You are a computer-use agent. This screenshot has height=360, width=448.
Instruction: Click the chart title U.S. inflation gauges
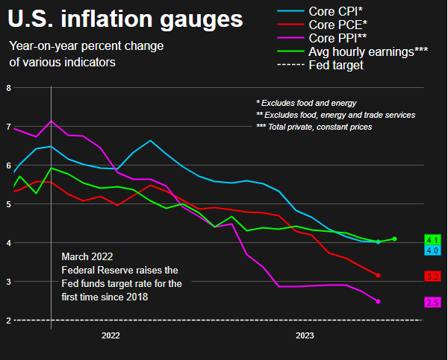pyautogui.click(x=126, y=18)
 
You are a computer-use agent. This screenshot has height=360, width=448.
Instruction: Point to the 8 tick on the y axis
pyautogui.click(x=9, y=88)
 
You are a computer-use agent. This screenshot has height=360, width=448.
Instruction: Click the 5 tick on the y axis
pyautogui.click(x=9, y=203)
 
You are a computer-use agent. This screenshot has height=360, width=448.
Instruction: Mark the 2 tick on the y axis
pyautogui.click(x=9, y=320)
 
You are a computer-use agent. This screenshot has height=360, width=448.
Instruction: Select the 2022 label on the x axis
pyautogui.click(x=111, y=336)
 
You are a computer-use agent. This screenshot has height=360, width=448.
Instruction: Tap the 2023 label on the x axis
pyautogui.click(x=305, y=336)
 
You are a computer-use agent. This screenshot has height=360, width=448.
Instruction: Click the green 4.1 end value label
pyautogui.click(x=432, y=239)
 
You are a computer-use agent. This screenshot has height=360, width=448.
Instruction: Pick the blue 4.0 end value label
pyautogui.click(x=432, y=250)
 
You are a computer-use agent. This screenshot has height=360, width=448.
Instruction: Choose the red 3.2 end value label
pyautogui.click(x=432, y=276)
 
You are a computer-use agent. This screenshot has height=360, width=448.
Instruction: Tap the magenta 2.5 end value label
pyautogui.click(x=432, y=302)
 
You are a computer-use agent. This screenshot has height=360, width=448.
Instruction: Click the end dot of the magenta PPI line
pyautogui.click(x=379, y=301)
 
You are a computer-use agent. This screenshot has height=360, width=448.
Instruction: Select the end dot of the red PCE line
pyautogui.click(x=379, y=275)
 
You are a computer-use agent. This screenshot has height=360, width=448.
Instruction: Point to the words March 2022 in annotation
pyautogui.click(x=88, y=256)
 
